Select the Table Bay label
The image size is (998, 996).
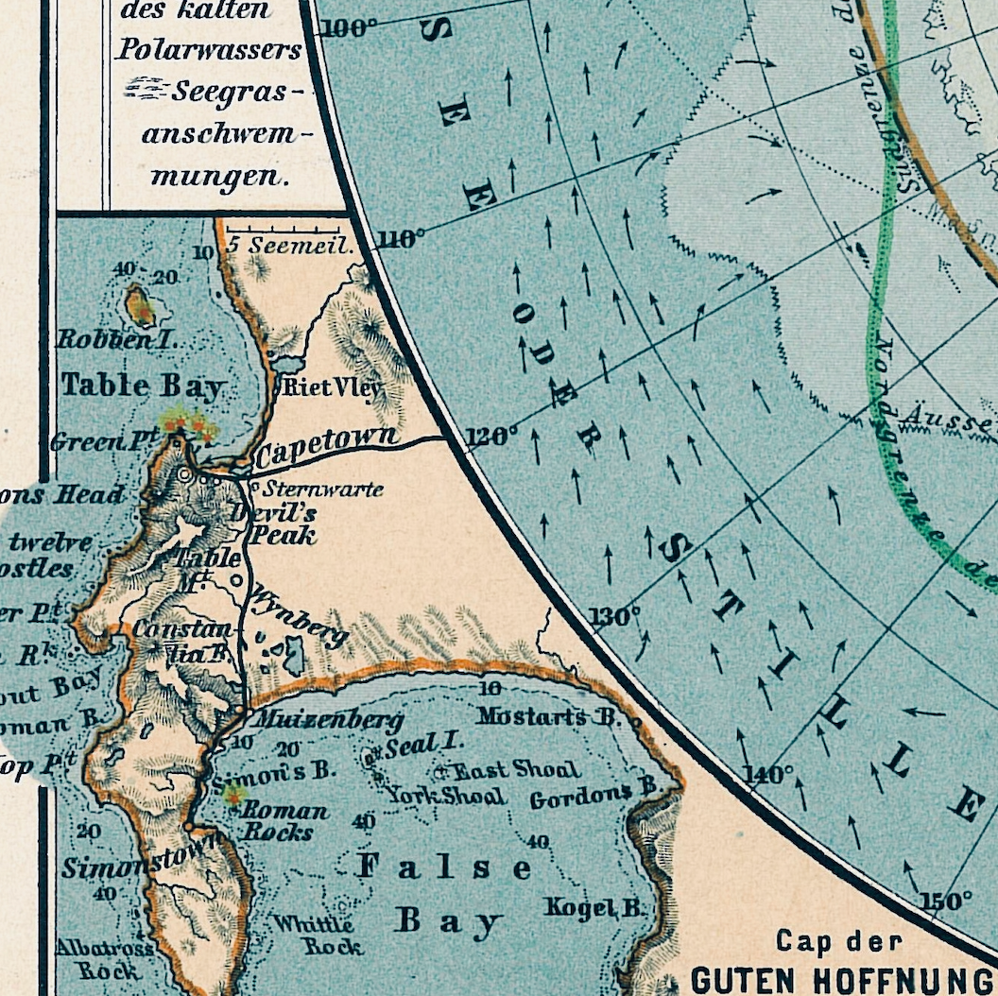142,386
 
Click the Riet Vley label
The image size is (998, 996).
332,387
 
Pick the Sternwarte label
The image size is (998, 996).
322,489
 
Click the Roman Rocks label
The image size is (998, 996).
284,821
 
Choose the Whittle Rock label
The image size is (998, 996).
316,935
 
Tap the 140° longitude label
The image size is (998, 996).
769,776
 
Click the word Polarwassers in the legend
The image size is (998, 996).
209,50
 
